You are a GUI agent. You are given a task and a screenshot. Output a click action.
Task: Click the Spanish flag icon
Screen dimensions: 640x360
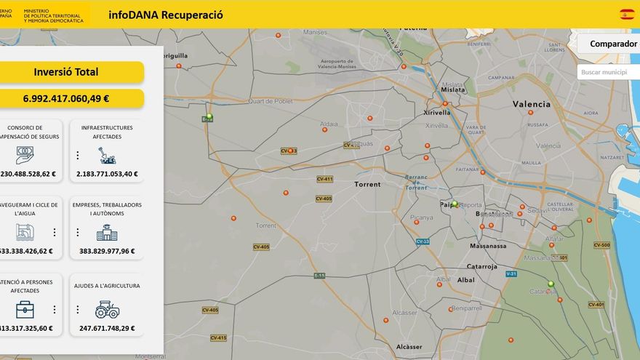(626, 15)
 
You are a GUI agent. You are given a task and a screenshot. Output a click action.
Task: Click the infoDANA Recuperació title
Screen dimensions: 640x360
(166, 15)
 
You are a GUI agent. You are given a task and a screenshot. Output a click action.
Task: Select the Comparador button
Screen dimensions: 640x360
(613, 44)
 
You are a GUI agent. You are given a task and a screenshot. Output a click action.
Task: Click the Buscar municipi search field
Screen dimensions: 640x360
(608, 72)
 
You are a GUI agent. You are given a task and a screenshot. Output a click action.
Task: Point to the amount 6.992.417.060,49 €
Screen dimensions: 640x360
(66, 98)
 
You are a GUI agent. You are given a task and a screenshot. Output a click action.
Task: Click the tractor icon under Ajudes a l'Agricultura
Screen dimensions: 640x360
(107, 310)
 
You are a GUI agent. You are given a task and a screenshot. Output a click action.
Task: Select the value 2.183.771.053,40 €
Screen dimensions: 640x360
(107, 174)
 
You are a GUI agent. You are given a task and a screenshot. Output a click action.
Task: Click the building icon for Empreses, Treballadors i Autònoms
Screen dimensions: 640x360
(107, 233)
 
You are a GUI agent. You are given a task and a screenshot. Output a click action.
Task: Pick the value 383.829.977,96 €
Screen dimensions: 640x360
(107, 251)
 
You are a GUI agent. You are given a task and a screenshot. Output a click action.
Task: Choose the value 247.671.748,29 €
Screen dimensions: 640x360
(107, 328)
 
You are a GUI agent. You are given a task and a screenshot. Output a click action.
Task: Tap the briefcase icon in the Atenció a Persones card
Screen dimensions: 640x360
(25, 310)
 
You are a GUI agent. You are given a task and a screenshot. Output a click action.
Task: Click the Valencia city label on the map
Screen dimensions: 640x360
(532, 104)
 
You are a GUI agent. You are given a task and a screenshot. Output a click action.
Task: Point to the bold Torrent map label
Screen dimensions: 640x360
(367, 185)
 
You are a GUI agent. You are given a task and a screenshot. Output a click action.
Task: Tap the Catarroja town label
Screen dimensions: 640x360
(481, 266)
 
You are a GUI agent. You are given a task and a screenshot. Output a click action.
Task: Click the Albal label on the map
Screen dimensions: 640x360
(465, 279)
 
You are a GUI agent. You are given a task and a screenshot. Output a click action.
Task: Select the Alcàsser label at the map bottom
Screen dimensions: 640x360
(409, 347)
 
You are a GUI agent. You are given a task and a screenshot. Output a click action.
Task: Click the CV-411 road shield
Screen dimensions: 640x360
(324, 179)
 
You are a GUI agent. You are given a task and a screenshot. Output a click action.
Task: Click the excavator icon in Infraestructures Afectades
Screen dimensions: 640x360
(107, 156)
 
